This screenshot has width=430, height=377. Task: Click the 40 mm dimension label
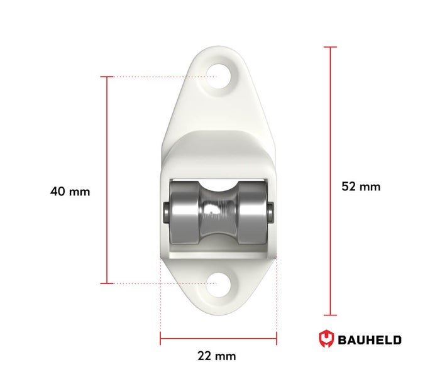(x=70, y=191)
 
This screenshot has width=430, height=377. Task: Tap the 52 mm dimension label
(x=361, y=186)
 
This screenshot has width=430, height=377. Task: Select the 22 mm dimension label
(x=217, y=356)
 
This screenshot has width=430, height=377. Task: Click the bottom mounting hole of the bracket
(x=218, y=283)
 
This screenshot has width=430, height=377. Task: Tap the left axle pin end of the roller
(x=165, y=213)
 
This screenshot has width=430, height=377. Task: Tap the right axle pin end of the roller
(x=270, y=212)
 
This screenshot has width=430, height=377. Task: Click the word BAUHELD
(x=370, y=341)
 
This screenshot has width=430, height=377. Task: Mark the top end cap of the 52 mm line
(x=329, y=47)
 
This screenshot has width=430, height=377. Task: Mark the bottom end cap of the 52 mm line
(x=329, y=315)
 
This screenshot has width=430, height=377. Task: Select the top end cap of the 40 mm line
(x=107, y=77)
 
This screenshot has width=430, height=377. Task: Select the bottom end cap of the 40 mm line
(x=107, y=283)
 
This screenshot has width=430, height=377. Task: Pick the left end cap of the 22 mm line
(x=160, y=339)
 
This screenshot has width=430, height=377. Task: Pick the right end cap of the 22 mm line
(x=277, y=339)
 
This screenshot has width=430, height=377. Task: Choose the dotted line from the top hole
(x=163, y=77)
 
